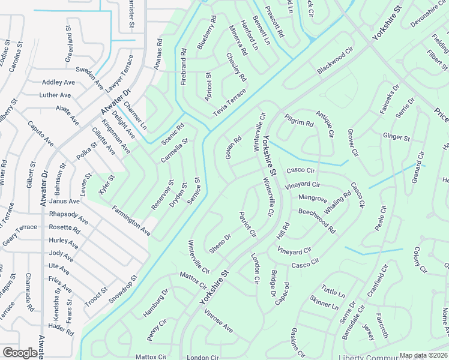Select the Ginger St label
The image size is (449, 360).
point(396,137)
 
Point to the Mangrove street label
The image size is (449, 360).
point(313,197)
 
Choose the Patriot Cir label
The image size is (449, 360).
point(248,224)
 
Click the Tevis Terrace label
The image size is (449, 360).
point(230,103)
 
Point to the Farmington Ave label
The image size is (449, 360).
point(131,220)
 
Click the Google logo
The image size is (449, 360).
point(20,353)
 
